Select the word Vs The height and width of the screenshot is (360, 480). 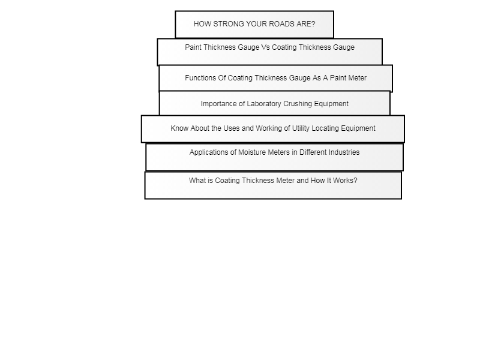pyautogui.click(x=265, y=47)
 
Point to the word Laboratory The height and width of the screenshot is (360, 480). pyautogui.click(x=264, y=104)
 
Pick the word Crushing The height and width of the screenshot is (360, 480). pyautogui.click(x=298, y=104)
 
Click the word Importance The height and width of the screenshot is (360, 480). pyautogui.click(x=218, y=104)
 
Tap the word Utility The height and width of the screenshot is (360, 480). pyautogui.click(x=301, y=128)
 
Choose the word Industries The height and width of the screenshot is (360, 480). pyautogui.click(x=343, y=152)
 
